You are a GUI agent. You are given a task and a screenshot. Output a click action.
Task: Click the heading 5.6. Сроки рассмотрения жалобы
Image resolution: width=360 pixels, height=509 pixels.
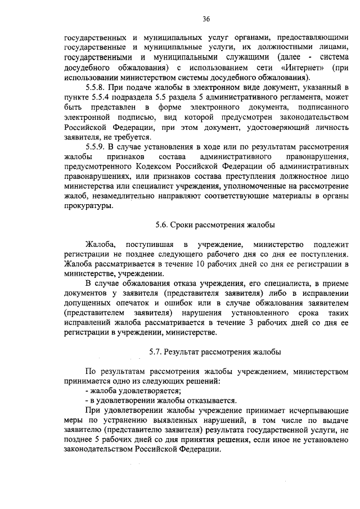click(x=215, y=225)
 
